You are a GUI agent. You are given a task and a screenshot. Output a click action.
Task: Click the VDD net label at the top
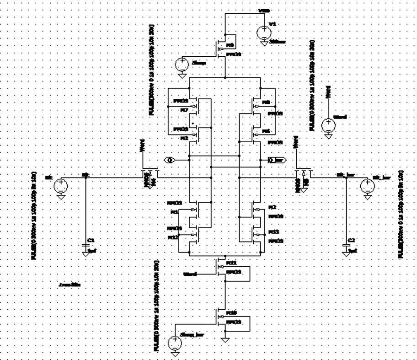click(263, 10)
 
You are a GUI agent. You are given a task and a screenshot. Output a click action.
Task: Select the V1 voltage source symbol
click(264, 32)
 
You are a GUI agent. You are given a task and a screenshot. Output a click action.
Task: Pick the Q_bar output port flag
click(276, 160)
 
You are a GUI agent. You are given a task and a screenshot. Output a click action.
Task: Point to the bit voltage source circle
click(60, 186)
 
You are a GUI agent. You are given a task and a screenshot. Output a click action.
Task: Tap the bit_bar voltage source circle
click(367, 186)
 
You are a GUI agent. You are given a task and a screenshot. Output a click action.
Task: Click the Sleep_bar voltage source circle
click(175, 342)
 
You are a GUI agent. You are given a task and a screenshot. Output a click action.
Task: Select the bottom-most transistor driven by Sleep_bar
click(223, 319)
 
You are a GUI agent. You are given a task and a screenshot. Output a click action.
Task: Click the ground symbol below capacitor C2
click(346, 254)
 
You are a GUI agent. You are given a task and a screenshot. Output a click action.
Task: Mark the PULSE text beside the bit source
click(34, 215)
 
